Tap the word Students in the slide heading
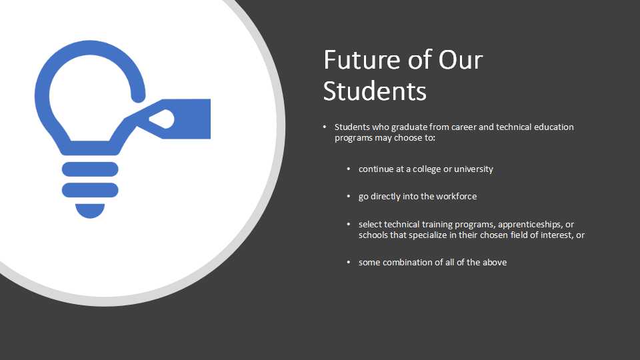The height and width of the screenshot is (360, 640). (375, 91)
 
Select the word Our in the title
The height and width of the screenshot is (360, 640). (461, 59)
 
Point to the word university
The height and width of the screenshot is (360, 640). (473, 169)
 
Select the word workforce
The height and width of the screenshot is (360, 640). (456, 196)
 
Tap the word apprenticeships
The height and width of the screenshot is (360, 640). (531, 225)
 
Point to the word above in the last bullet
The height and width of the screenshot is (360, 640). (495, 263)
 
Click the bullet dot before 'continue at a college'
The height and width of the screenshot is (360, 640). (349, 169)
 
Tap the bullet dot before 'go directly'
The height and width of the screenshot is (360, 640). (349, 196)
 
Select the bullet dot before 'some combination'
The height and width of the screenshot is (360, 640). (349, 262)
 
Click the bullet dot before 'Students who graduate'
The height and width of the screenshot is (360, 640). (325, 127)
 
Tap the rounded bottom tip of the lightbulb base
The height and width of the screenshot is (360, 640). (90, 211)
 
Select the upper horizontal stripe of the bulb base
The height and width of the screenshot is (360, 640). (90, 169)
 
